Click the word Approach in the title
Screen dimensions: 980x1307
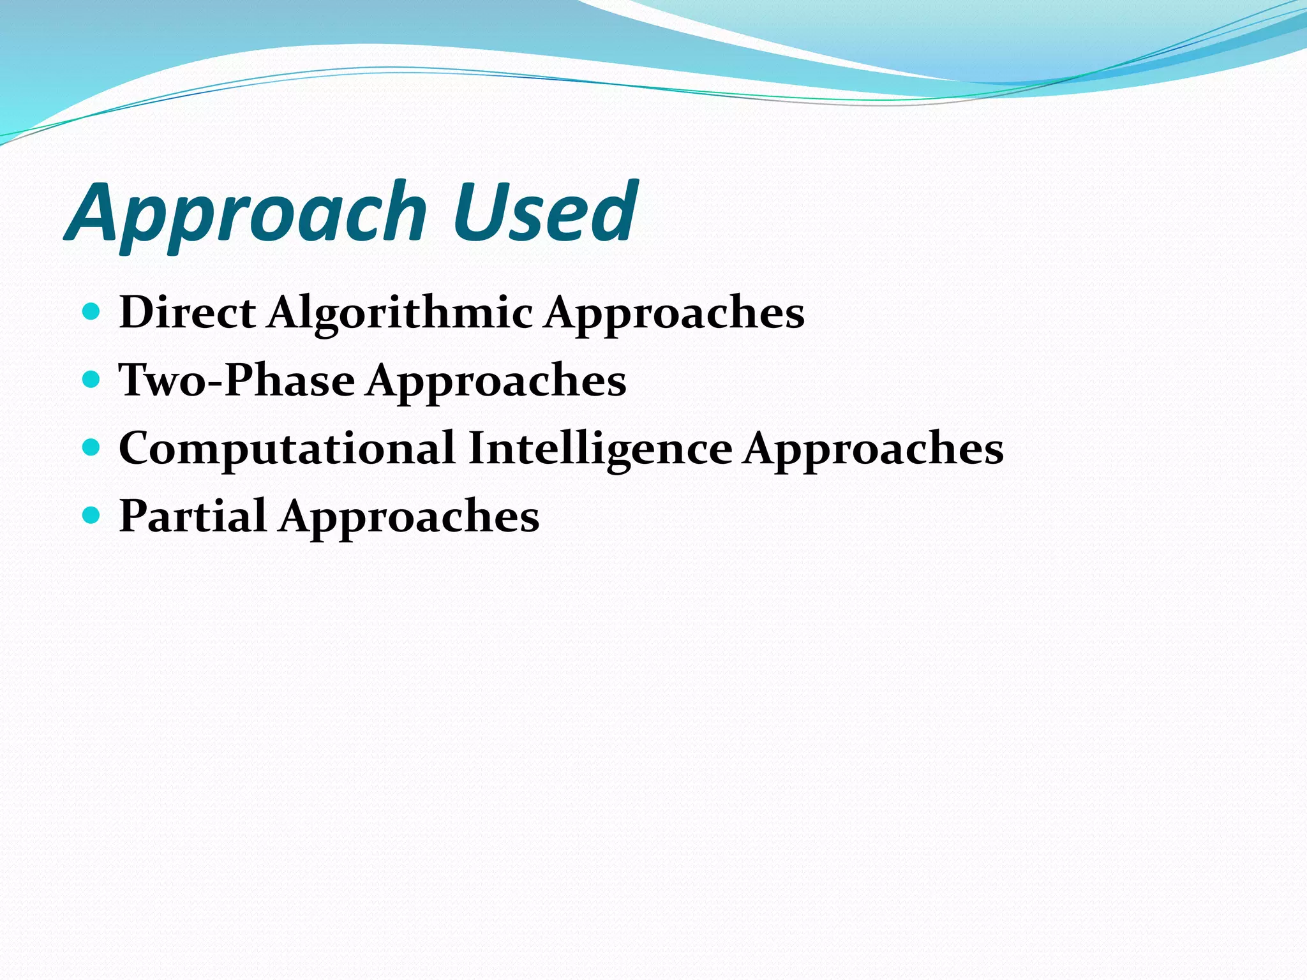(x=246, y=214)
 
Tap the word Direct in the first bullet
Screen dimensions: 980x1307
(x=188, y=313)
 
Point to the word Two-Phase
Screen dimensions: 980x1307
(x=237, y=380)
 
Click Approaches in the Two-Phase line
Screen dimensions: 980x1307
(x=497, y=382)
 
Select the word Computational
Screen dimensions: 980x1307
(x=287, y=448)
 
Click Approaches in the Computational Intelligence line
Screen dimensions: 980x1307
(x=874, y=449)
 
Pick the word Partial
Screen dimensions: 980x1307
(x=193, y=516)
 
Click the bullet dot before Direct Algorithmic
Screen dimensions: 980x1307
(x=92, y=312)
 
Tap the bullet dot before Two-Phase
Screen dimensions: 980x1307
(x=92, y=380)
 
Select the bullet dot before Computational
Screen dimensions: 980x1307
(x=92, y=447)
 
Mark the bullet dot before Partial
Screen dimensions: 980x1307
(x=92, y=515)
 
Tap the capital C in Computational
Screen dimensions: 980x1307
(x=135, y=448)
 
